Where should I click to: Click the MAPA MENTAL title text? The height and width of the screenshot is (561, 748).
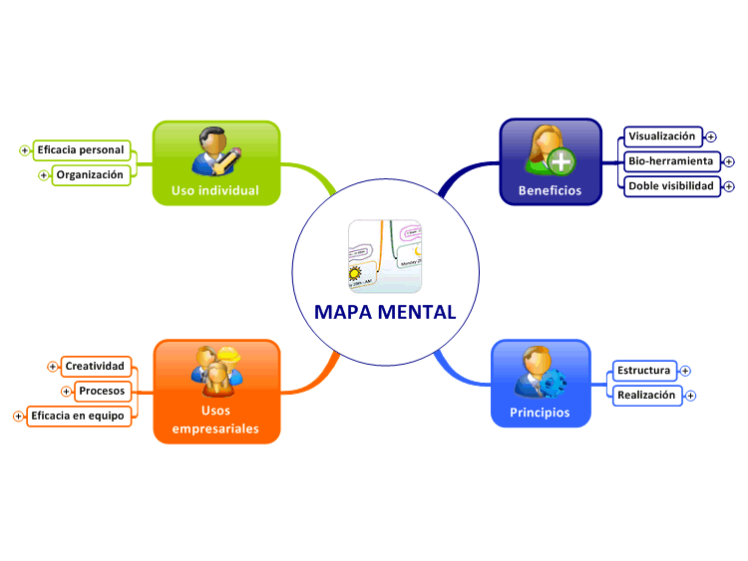point(385,312)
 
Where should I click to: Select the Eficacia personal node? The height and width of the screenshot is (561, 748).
point(81,150)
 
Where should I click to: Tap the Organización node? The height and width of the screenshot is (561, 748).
point(91,175)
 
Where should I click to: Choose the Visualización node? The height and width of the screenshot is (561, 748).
point(663,137)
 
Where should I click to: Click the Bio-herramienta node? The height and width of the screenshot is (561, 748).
point(671,161)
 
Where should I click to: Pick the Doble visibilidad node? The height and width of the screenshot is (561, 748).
point(671,186)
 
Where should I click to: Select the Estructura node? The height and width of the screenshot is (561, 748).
point(644,371)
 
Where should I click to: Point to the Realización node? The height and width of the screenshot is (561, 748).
point(647,396)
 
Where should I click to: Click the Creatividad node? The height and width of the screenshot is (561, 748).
point(96,366)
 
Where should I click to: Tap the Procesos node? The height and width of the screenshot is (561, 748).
point(103,391)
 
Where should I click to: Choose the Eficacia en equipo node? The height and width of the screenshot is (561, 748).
point(79,417)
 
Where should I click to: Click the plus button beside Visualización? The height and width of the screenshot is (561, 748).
point(711,137)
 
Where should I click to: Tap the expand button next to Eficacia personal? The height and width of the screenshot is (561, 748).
point(24,150)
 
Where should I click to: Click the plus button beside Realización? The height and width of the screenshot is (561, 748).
point(690,396)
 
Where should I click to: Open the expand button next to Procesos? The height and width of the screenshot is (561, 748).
point(66,392)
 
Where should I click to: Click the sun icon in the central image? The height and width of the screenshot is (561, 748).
point(355,274)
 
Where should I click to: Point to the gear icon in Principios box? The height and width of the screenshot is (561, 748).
point(554,383)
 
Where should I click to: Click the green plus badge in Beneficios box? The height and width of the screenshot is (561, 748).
point(561,161)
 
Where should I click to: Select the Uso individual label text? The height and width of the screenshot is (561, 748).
point(215,190)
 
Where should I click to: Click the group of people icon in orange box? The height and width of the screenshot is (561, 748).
point(217,372)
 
